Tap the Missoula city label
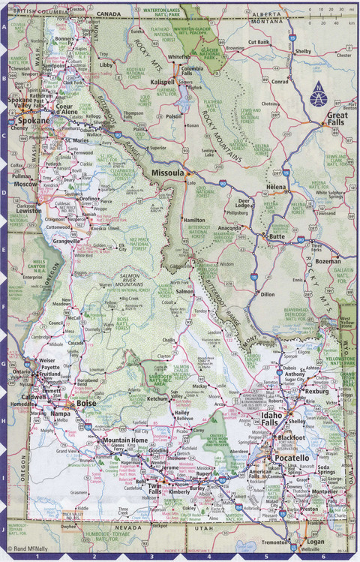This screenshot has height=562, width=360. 167,173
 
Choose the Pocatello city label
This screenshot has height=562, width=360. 291,457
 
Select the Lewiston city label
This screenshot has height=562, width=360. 29,212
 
